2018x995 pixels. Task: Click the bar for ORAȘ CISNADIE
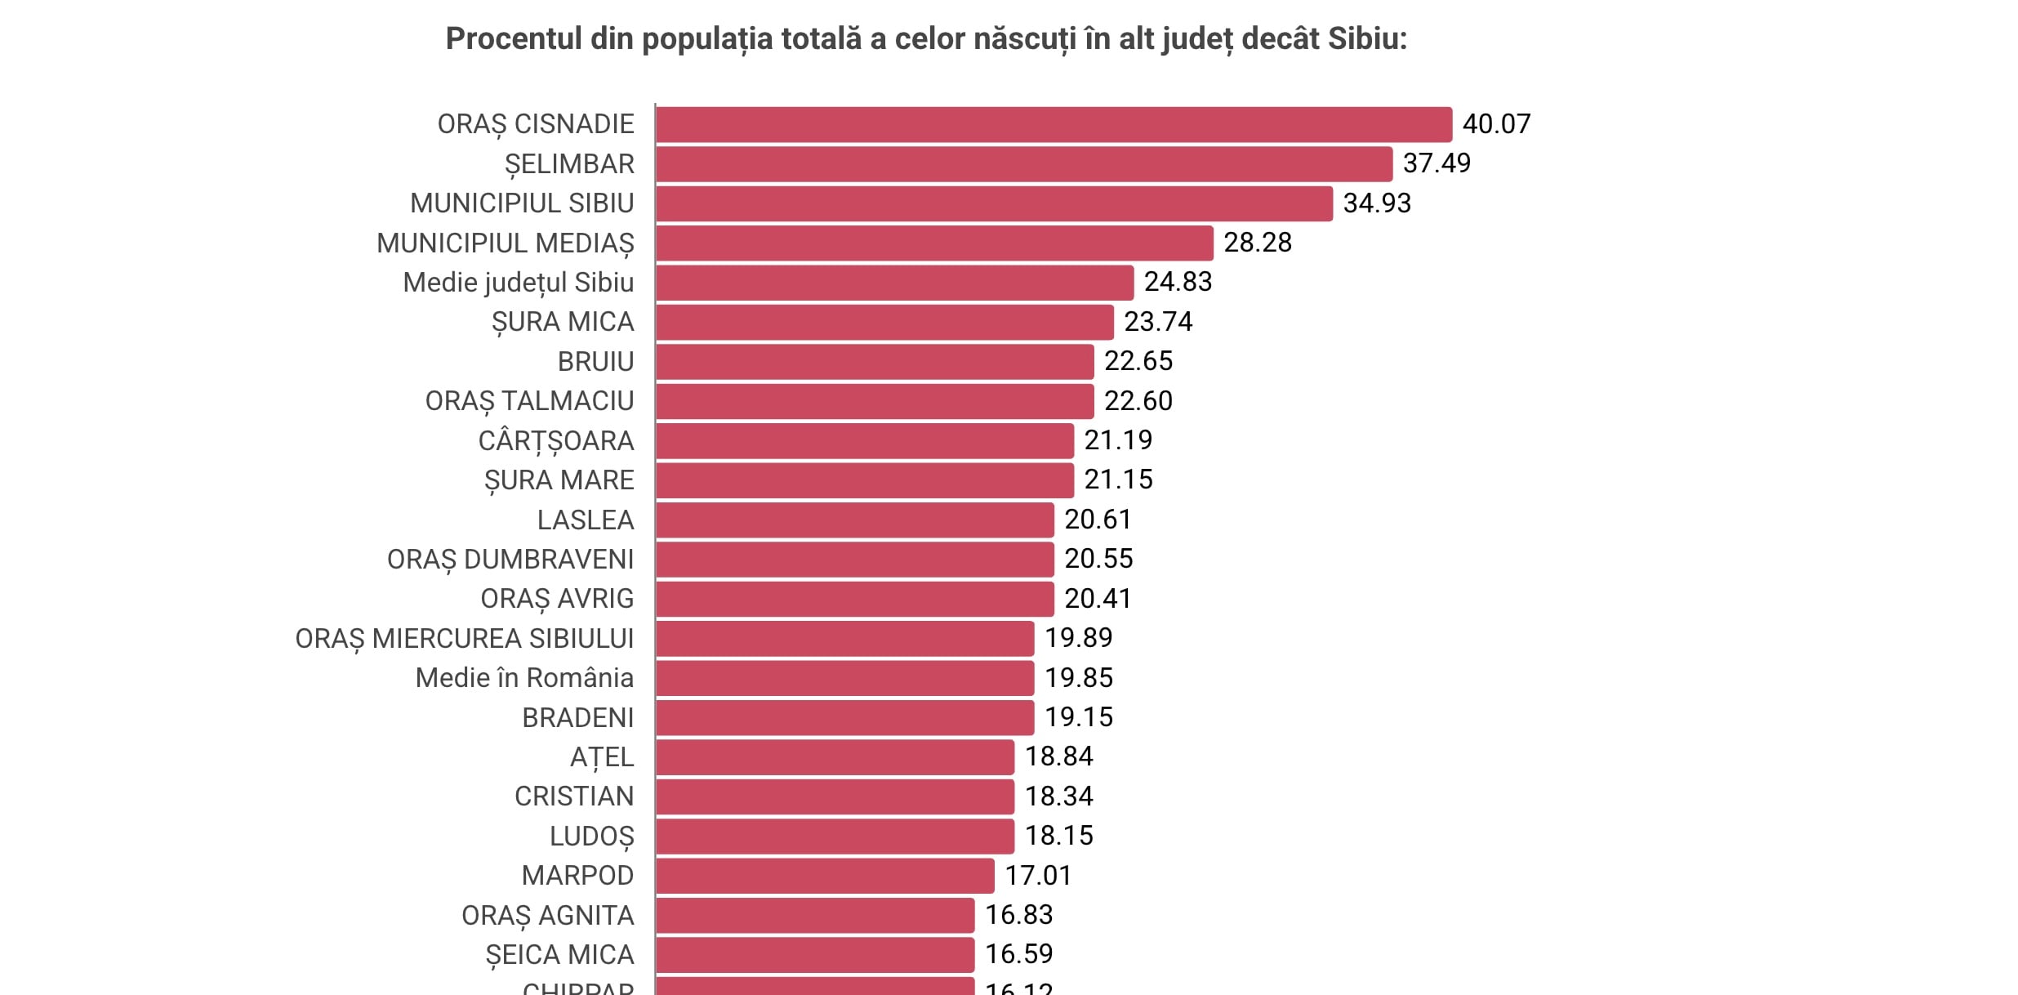(1054, 124)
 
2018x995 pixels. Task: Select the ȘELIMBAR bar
(1023, 164)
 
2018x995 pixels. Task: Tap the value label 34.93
(1377, 203)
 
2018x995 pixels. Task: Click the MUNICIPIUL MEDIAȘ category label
(505, 243)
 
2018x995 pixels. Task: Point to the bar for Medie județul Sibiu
(894, 283)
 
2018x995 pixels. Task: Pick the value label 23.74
(1158, 322)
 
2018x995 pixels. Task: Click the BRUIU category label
(595, 362)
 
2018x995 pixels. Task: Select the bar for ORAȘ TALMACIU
(874, 401)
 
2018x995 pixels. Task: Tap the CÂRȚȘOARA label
(555, 441)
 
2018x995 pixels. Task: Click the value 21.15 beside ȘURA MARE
(1118, 480)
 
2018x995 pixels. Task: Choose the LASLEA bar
(854, 520)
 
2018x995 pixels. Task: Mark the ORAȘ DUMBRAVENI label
(510, 560)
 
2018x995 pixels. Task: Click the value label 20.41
(1098, 599)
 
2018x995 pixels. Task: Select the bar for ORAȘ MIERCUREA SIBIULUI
(844, 639)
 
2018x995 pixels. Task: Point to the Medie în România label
(523, 678)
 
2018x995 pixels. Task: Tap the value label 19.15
(1078, 717)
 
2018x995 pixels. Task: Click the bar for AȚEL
(835, 757)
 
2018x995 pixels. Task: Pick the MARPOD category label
(577, 876)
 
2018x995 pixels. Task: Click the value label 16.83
(1018, 915)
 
